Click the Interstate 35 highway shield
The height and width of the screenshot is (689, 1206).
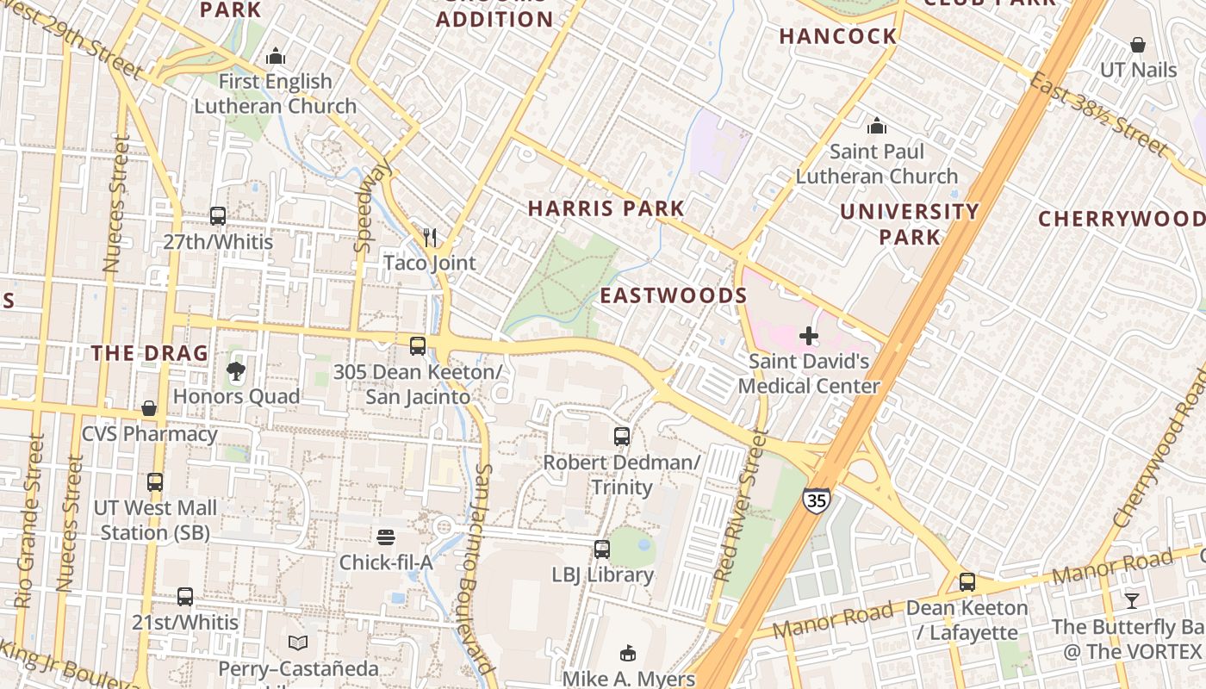[816, 500]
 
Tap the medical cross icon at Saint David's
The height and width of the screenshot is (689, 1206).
[808, 335]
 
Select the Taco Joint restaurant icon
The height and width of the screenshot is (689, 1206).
[430, 237]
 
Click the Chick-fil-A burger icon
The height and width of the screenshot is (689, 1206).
[386, 537]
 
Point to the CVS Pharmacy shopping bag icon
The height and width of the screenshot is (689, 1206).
[149, 408]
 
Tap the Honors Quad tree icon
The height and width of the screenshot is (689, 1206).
[235, 371]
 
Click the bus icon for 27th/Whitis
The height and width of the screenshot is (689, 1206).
[218, 216]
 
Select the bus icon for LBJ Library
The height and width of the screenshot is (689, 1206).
[602, 549]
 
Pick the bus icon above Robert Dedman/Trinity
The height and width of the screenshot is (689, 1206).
[622, 437]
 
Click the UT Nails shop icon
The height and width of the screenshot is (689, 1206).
[1138, 45]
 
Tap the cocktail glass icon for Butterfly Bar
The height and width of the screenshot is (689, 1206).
[1131, 600]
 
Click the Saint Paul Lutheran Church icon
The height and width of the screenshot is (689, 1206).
[877, 127]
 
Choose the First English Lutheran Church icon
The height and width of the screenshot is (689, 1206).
[276, 56]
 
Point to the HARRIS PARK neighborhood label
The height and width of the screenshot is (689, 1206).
[606, 208]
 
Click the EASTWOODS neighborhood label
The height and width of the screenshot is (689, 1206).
[673, 295]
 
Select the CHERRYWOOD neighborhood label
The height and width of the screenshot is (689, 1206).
[1121, 219]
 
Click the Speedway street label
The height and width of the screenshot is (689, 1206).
[372, 206]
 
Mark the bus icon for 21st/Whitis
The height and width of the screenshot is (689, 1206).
[185, 597]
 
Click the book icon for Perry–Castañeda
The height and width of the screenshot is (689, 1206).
[298, 642]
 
